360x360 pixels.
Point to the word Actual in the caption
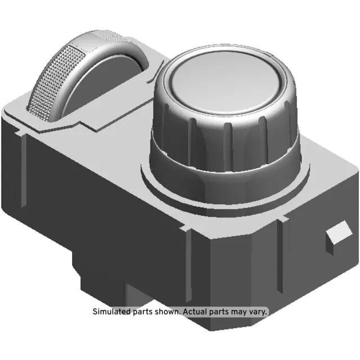(195, 310)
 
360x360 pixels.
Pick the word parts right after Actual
(220, 311)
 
